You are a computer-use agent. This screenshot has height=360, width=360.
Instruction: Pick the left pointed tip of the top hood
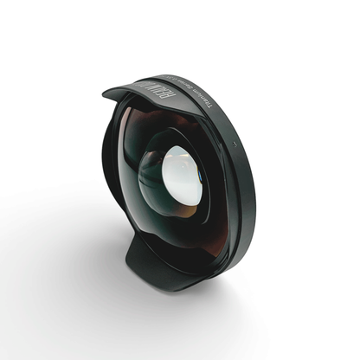click(x=105, y=89)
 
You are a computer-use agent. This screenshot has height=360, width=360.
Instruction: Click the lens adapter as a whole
click(x=177, y=177)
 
